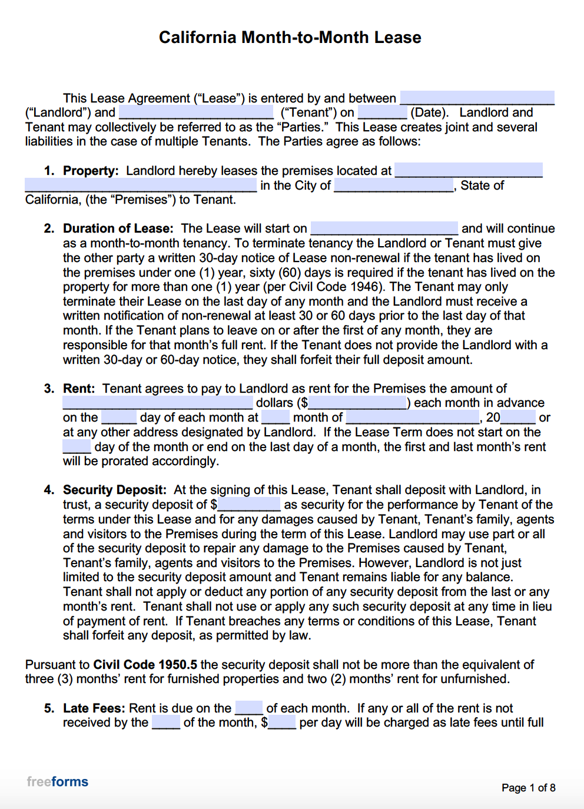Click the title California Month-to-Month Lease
290,38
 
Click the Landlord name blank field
477,98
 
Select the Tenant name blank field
196,112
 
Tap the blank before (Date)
382,112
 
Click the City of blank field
394,185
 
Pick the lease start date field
384,228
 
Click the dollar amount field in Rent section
357,403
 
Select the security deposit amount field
249,505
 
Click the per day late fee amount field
282,722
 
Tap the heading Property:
91,171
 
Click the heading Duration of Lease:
118,228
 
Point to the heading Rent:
79,389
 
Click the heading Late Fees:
94,708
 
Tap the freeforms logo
58,782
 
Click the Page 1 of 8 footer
528,788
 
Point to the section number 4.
49,490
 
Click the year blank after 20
518,417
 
